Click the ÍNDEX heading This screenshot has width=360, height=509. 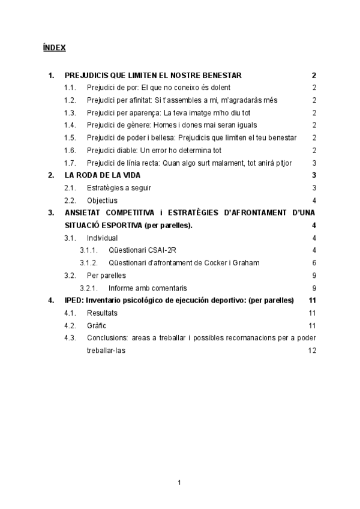click(x=54, y=47)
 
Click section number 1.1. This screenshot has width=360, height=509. click(x=70, y=88)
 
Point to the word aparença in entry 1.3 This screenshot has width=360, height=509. click(x=144, y=113)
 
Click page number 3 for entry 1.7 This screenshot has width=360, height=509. click(x=314, y=163)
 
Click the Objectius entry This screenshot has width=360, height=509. click(x=102, y=200)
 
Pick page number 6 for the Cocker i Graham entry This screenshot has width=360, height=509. click(x=314, y=263)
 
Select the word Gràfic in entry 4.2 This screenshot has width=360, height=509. click(x=97, y=325)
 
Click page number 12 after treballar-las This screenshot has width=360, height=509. click(x=312, y=350)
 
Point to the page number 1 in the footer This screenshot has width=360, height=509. click(x=180, y=482)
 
